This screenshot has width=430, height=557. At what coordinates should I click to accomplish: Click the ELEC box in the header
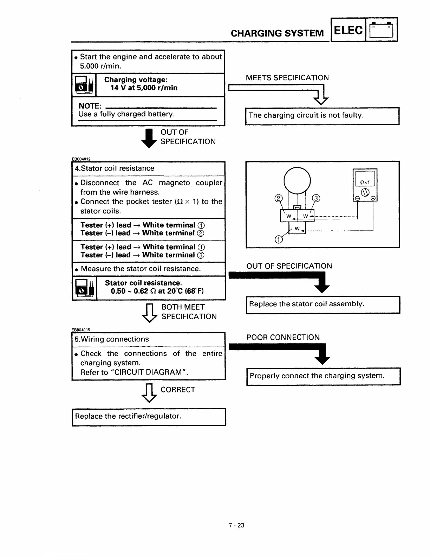(348, 30)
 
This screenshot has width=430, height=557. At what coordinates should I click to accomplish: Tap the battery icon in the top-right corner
(382, 30)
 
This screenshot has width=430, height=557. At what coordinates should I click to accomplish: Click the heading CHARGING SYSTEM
(277, 33)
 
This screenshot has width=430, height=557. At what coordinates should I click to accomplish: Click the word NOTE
(90, 106)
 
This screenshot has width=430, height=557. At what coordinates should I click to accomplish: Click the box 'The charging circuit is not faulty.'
(322, 116)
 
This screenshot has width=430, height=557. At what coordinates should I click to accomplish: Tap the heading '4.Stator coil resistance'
(115, 168)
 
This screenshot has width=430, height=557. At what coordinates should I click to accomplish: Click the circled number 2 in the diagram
(278, 198)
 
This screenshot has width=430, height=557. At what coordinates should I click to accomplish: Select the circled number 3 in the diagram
(316, 198)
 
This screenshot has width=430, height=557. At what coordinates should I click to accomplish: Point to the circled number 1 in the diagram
(278, 239)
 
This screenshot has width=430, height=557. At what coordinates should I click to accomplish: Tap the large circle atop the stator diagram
(297, 180)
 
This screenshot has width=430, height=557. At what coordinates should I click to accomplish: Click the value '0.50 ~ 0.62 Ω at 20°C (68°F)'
(157, 291)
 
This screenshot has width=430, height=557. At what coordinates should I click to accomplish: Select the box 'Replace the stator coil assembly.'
(323, 305)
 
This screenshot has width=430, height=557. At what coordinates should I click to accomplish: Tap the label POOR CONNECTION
(283, 338)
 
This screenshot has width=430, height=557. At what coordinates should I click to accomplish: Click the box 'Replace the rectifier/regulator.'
(149, 417)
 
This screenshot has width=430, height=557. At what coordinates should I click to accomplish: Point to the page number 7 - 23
(236, 525)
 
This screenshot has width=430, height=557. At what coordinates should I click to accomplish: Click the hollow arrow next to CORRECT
(149, 393)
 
